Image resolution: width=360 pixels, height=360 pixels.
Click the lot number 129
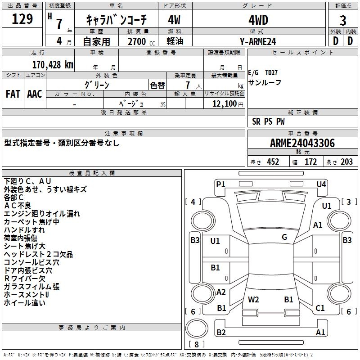point(22,19)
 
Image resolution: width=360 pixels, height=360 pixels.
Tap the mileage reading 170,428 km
point(52,64)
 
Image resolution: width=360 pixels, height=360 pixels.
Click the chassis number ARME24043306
point(302,143)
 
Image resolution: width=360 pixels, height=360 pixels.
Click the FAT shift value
point(13,94)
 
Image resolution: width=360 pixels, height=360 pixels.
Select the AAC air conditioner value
point(35,94)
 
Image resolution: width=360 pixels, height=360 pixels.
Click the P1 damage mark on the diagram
point(220,184)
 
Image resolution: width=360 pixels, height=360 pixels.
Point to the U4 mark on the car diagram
point(321,184)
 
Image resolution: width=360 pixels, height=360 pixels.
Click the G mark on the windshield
point(284,237)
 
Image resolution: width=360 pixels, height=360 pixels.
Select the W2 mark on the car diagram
point(253,299)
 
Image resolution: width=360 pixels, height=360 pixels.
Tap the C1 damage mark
point(320,308)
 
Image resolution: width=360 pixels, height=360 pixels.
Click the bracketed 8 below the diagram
point(197,344)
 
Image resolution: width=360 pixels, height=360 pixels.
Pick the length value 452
point(273,162)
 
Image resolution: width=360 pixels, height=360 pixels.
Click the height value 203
point(346,162)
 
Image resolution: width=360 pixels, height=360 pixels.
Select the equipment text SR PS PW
point(268,121)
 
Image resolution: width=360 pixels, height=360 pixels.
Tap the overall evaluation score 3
point(343,20)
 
